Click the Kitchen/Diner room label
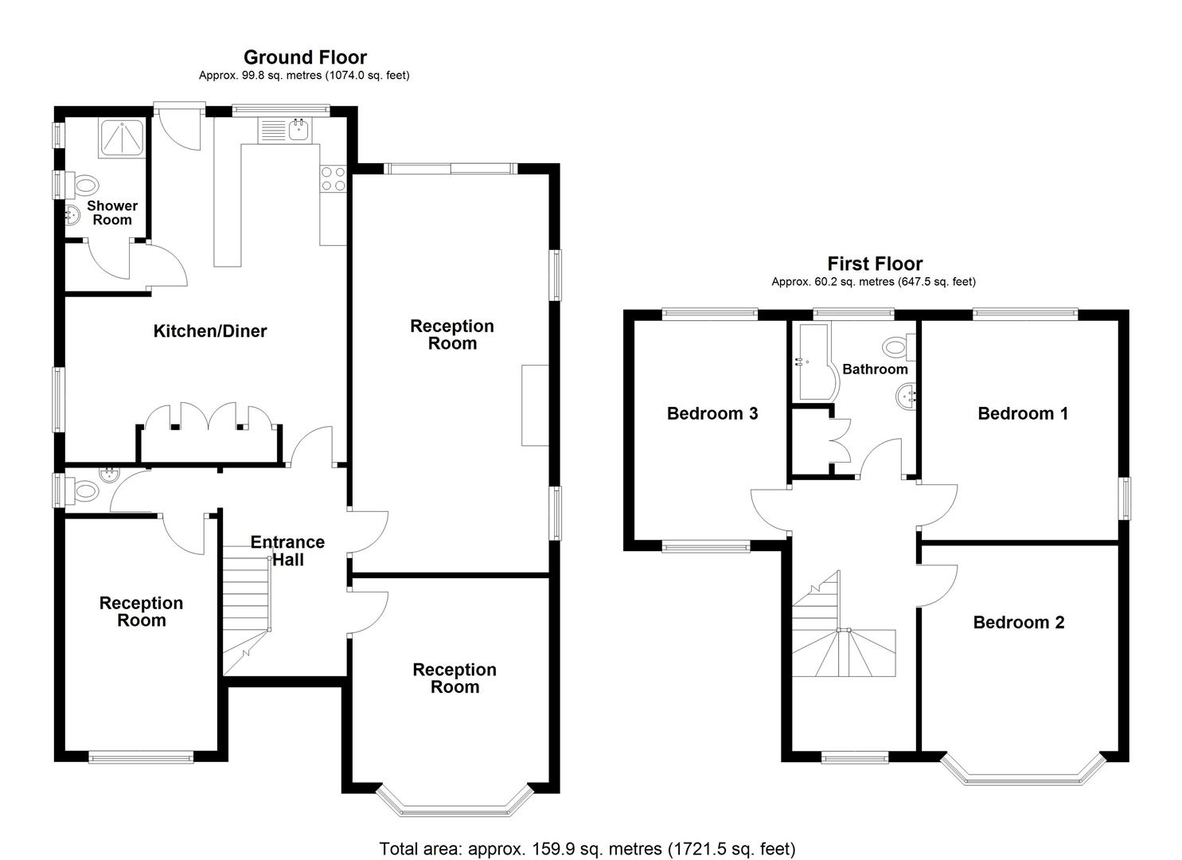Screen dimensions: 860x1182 (x=209, y=331)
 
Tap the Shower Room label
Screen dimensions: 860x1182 (x=112, y=213)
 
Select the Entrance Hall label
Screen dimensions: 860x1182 (x=287, y=551)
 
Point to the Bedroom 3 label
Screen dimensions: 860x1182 (x=712, y=413)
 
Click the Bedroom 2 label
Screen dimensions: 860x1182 (x=1018, y=623)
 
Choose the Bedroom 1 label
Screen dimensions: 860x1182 (x=1022, y=413)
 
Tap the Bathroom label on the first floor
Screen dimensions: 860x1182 (x=874, y=369)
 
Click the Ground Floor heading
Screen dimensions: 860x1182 (x=305, y=57)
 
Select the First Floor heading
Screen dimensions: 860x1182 (x=874, y=264)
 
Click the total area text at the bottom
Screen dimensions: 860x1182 (x=587, y=849)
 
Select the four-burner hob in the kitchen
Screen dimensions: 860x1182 (x=333, y=178)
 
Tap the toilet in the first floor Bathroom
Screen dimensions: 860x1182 (x=898, y=347)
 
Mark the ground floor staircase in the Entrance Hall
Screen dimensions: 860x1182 (x=245, y=605)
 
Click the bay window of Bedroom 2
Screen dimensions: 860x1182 (x=1023, y=771)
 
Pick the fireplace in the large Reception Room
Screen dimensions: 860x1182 (x=535, y=405)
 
